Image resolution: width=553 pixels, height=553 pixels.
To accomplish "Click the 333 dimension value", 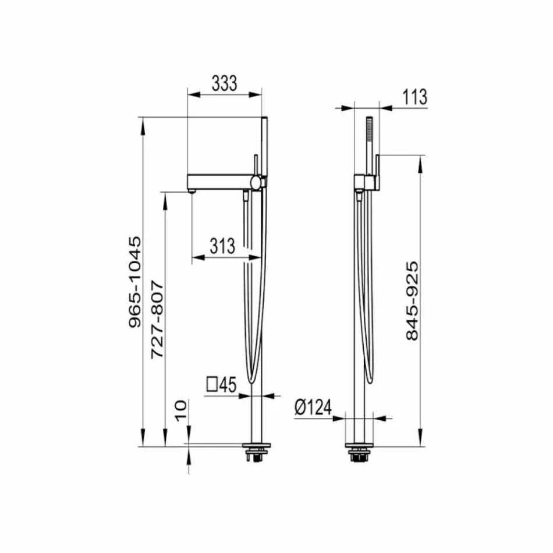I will tap(224, 84).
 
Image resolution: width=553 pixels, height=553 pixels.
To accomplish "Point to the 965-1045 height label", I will tap(134, 282).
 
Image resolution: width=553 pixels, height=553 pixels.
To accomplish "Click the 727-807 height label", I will tap(157, 320).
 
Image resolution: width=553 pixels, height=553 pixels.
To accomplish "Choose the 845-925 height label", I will tap(412, 301).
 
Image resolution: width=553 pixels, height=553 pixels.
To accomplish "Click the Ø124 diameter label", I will tap(313, 408).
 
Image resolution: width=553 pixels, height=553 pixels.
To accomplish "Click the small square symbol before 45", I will tap(212, 384).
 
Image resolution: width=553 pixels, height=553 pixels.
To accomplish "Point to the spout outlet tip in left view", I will tap(192, 190).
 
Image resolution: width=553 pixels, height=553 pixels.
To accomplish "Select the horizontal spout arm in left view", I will tap(218, 180).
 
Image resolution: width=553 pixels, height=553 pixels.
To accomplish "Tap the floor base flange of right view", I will tap(360, 448).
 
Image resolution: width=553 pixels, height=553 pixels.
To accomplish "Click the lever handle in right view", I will tap(377, 169).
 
